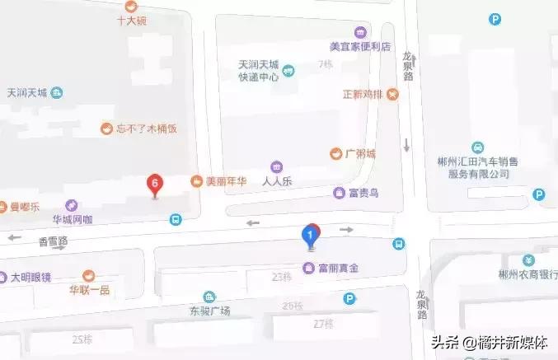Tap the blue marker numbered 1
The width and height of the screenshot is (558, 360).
(310, 236)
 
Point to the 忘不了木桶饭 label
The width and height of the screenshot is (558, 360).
(147, 129)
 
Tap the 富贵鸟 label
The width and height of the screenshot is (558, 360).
(362, 193)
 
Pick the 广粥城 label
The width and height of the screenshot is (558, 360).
(359, 153)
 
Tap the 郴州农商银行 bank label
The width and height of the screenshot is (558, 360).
(526, 275)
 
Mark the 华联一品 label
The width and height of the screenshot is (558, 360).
(89, 290)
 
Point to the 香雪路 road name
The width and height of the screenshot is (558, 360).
(53, 241)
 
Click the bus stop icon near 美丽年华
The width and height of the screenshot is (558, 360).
(175, 219)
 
